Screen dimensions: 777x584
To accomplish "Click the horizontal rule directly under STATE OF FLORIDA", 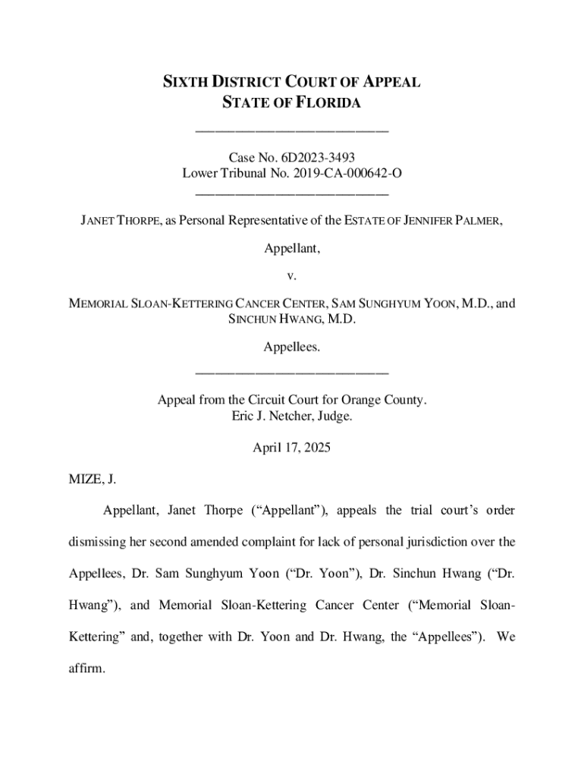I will click(x=292, y=131).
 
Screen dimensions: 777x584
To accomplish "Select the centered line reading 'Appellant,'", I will click(x=292, y=248).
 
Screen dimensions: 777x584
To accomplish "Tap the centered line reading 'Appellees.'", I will click(x=292, y=347).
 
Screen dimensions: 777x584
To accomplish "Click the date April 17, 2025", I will click(x=292, y=448).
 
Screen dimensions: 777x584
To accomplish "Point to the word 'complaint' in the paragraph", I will click(x=276, y=542).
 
